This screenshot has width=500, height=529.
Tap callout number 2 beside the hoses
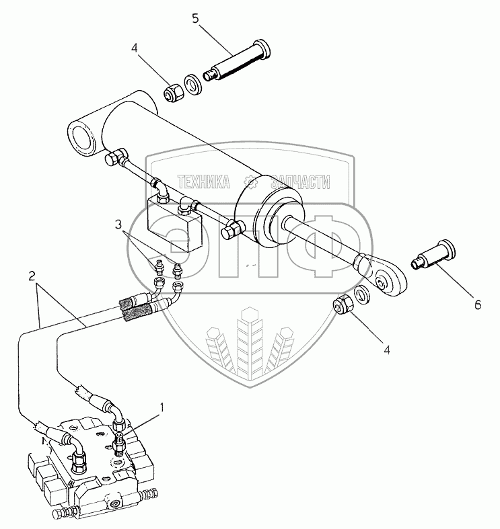pyautogui.click(x=32, y=276)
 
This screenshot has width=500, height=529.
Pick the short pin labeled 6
pyautogui.click(x=434, y=255)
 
